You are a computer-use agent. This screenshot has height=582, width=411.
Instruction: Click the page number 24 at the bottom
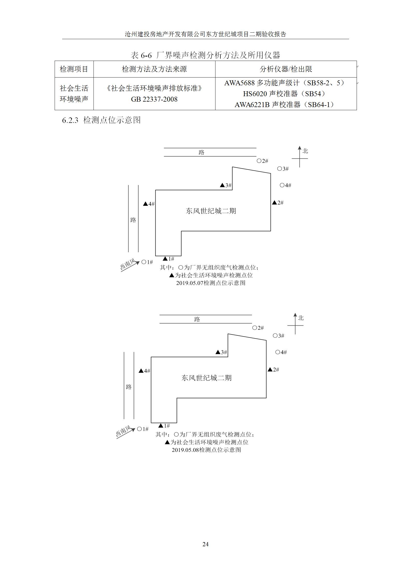point(205,544)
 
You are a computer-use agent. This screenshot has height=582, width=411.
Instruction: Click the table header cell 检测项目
point(74,69)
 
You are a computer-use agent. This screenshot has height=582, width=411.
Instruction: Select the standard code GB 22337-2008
point(154,99)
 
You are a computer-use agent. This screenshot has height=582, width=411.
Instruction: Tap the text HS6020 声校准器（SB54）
point(284,94)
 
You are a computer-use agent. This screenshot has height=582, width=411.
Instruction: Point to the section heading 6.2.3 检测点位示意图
point(101,120)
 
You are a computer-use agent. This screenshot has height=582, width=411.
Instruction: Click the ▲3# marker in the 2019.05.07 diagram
point(226,185)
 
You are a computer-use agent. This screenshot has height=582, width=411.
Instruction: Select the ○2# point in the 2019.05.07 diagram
point(262,161)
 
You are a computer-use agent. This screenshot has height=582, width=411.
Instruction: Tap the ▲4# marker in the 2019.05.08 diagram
point(144,371)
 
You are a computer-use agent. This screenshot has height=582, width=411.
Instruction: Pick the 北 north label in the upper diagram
point(305,151)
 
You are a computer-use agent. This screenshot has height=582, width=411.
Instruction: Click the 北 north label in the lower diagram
point(301,318)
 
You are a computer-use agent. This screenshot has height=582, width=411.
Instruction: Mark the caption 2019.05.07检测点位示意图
point(211,283)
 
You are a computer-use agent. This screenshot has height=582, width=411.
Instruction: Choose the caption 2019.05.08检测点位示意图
point(206,450)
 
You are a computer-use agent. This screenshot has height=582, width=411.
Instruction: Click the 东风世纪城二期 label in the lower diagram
point(206,378)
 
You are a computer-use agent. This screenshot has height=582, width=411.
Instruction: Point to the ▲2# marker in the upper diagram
point(278,203)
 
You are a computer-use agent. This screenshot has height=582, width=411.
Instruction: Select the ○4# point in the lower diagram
point(281,352)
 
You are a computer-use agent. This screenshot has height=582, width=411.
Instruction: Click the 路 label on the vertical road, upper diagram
point(133,220)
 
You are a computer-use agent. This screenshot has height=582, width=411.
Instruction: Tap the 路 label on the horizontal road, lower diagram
point(197,319)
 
